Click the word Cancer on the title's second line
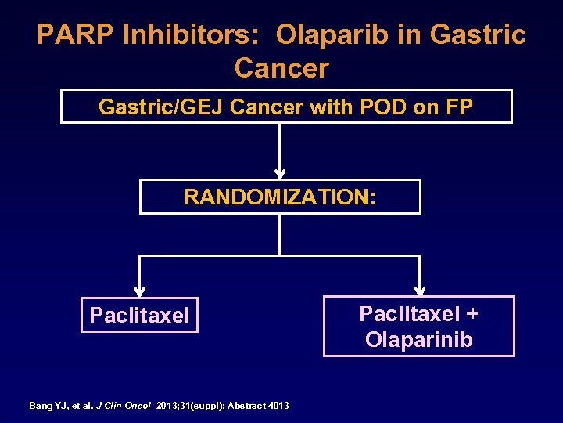tap(281, 68)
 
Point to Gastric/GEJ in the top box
tap(149, 107)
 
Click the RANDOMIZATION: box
tap(280, 197)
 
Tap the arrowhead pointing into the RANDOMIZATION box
tap(280, 173)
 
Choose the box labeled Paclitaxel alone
tap(139, 316)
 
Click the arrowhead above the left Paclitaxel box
tap(139, 291)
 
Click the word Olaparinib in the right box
tap(418, 340)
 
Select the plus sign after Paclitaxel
tap(472, 314)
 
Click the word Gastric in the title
tap(479, 34)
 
